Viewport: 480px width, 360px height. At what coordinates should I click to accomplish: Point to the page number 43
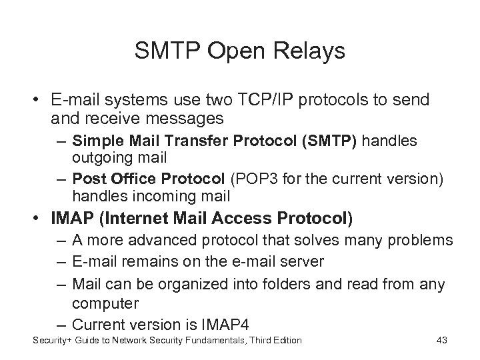click(440, 340)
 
